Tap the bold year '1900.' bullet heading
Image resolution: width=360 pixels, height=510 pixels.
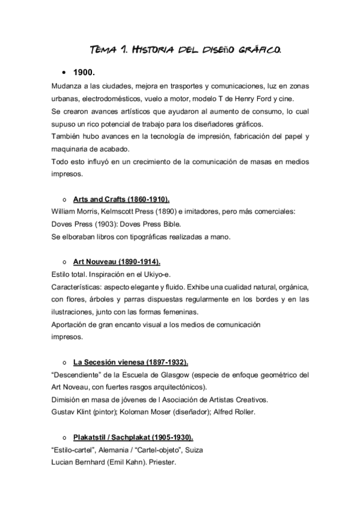pyautogui.click(x=85, y=72)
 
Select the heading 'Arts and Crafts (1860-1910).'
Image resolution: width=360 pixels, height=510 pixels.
pyautogui.click(x=121, y=199)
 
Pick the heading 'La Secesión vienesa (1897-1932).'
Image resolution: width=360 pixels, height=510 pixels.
pyautogui.click(x=130, y=362)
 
